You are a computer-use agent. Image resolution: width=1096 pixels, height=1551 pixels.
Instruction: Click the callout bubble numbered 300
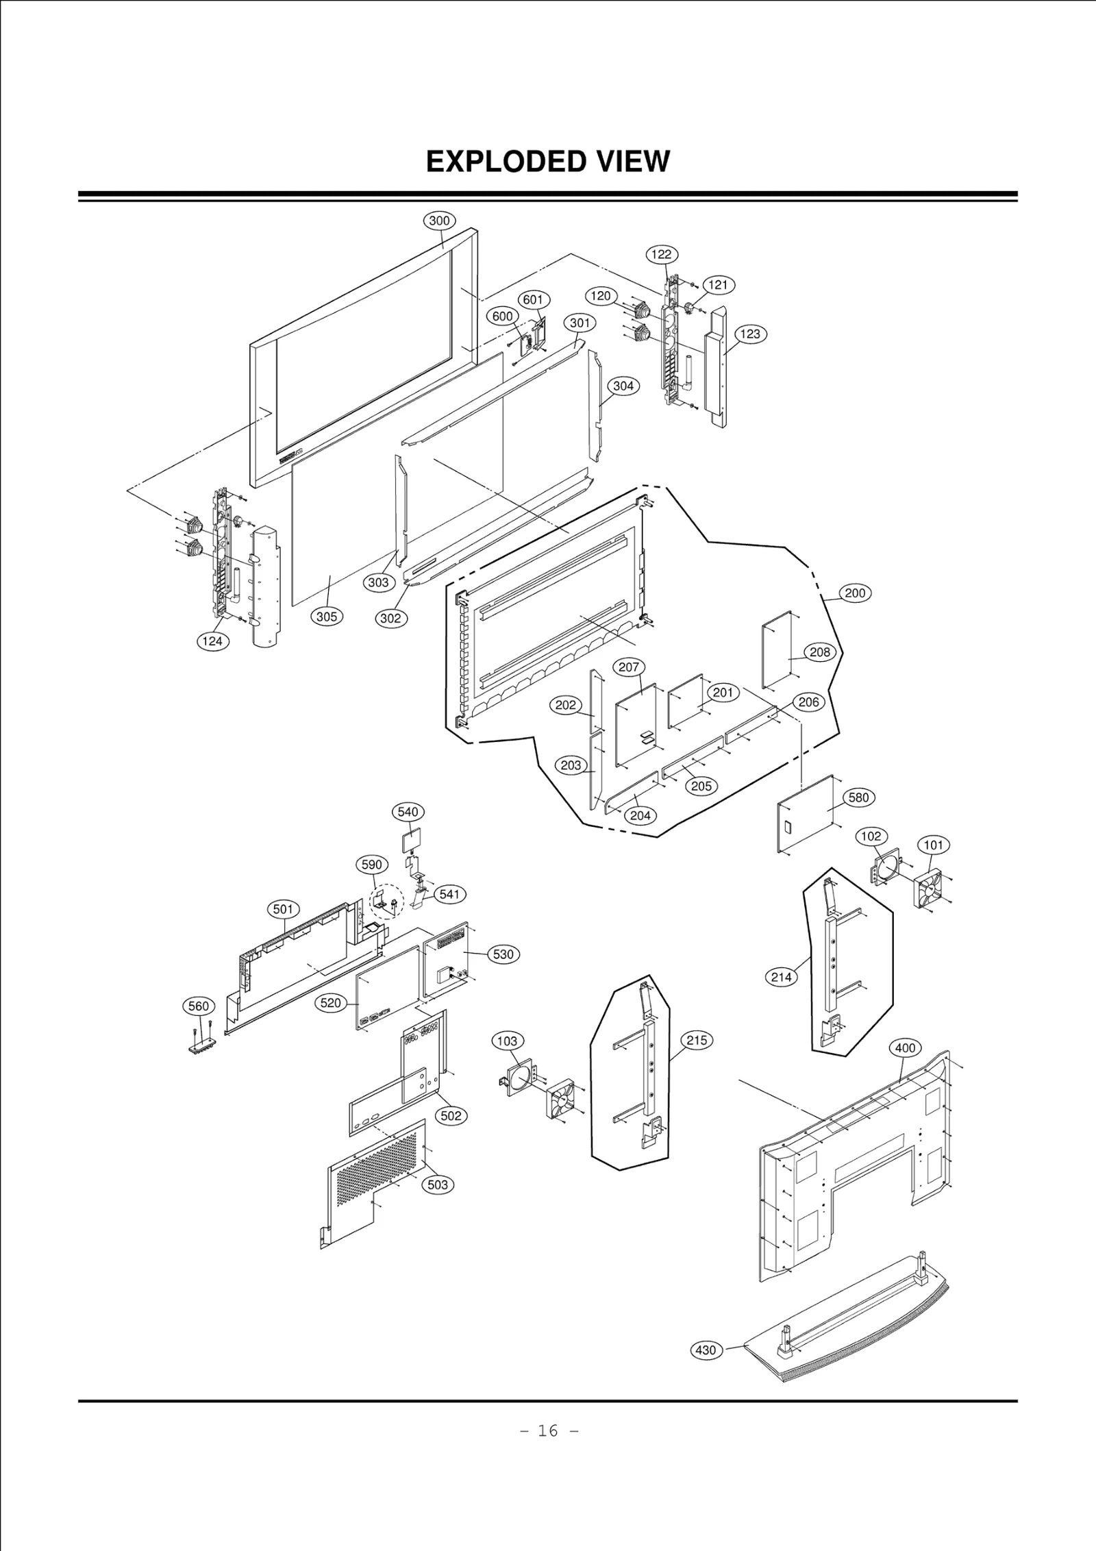point(439,221)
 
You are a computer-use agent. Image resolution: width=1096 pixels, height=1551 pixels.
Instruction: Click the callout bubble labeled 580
point(858,797)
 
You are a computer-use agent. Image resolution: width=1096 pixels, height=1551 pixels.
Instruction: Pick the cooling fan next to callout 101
point(930,889)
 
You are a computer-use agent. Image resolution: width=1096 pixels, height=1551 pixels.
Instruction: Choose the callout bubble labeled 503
point(438,1184)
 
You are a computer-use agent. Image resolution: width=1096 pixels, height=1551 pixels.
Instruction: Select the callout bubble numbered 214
point(781,977)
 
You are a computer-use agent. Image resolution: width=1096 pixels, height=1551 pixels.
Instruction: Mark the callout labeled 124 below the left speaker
point(212,641)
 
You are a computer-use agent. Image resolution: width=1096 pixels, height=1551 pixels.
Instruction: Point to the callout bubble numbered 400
point(905,1047)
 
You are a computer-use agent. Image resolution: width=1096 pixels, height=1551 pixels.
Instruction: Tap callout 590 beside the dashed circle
point(371,865)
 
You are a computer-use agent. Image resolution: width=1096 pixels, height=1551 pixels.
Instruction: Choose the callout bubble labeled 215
point(697,1041)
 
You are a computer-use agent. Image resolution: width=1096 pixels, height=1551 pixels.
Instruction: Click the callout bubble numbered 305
point(327,617)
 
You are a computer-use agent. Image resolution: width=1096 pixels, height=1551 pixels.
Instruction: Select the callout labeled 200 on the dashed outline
point(855,593)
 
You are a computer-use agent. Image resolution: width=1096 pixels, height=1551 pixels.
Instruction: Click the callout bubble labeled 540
point(408,812)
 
